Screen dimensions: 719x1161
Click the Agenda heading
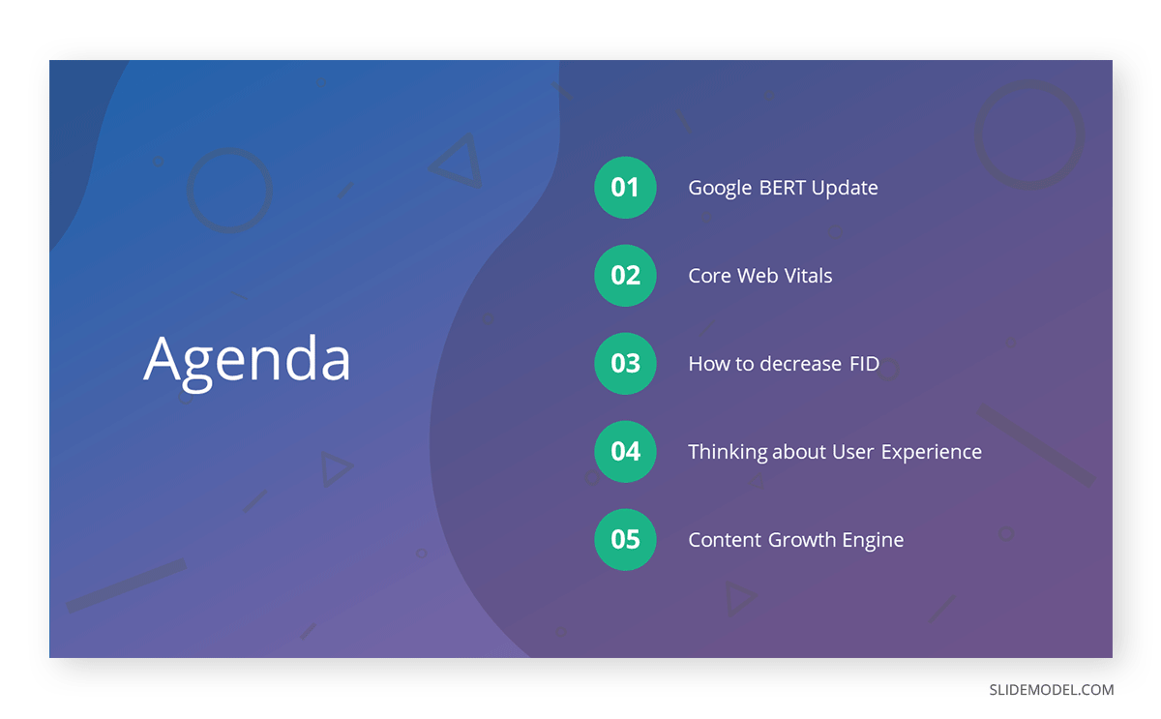[x=247, y=360]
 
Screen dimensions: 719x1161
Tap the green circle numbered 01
[x=625, y=187]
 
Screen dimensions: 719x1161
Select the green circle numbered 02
[x=625, y=276]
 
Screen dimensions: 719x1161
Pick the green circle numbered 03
[x=625, y=364]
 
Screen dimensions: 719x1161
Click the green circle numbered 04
[x=625, y=452]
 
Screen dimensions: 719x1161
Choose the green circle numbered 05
[x=625, y=540]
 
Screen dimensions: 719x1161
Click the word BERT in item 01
[x=782, y=188]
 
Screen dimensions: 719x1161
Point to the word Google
[x=720, y=189]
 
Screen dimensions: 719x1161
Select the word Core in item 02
[x=709, y=276]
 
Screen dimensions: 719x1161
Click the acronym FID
[x=864, y=364]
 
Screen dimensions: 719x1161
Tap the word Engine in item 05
[x=874, y=541]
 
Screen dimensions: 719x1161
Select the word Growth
[x=803, y=540]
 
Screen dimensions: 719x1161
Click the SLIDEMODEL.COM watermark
[x=1051, y=690]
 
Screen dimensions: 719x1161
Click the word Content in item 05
[x=725, y=540]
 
